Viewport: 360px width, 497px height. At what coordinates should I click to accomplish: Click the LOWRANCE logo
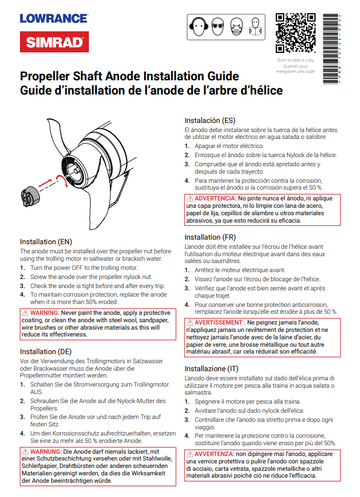(54, 18)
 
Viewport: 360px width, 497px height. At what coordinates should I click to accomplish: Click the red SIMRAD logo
(54, 42)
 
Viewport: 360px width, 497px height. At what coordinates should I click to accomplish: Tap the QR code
(295, 32)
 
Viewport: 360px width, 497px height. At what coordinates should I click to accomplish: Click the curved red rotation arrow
(61, 180)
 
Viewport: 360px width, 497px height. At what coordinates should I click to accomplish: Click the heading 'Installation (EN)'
(46, 242)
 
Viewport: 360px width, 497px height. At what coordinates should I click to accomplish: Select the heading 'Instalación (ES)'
(210, 120)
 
